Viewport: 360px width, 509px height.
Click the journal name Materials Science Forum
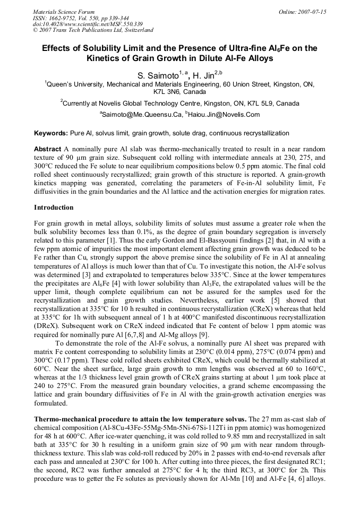[64, 12]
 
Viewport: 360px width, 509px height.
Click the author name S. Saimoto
[158, 76]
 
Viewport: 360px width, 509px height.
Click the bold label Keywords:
[51, 133]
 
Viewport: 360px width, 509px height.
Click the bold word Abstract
[47, 149]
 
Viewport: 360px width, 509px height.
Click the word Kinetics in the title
[110, 58]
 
